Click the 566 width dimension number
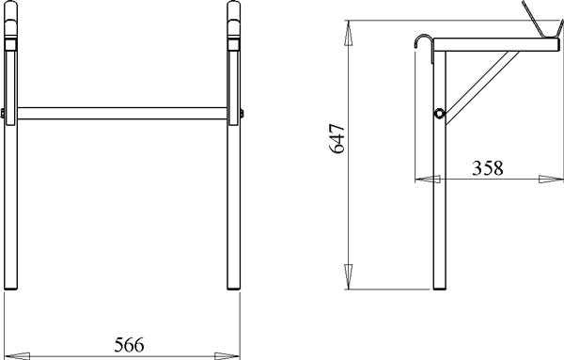pyautogui.click(x=129, y=345)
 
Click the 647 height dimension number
pyautogui.click(x=337, y=139)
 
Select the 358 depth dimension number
pyautogui.click(x=487, y=168)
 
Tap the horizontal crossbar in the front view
pyautogui.click(x=122, y=114)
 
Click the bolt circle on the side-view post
pyautogui.click(x=439, y=114)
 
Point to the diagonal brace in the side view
pyautogui.click(x=482, y=87)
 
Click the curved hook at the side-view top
pyautogui.click(x=423, y=41)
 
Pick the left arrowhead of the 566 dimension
pyautogui.click(x=17, y=356)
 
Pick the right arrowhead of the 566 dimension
pyautogui.click(x=227, y=356)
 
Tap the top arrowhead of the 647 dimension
pyautogui.click(x=348, y=33)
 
